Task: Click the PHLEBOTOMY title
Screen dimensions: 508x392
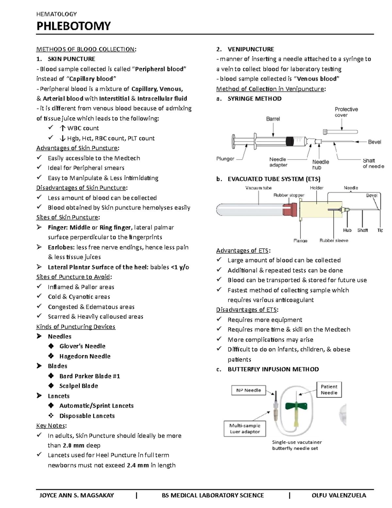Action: (x=73, y=26)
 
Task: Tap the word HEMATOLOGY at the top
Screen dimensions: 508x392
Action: (x=57, y=14)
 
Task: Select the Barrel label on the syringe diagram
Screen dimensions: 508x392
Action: (x=273, y=119)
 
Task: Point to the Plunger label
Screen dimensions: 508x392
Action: (x=225, y=159)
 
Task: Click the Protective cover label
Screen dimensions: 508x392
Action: (x=346, y=112)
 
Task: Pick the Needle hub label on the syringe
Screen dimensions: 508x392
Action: (x=320, y=165)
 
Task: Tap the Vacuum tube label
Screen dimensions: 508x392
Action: (x=258, y=188)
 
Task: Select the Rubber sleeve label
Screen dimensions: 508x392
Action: (x=334, y=240)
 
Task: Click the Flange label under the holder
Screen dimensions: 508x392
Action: (x=300, y=241)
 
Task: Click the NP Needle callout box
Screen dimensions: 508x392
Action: (x=248, y=390)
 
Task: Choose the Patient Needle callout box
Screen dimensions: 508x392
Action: (x=329, y=390)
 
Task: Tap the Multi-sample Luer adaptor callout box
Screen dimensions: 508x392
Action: (x=245, y=429)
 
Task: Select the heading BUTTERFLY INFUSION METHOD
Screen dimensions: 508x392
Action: (x=273, y=369)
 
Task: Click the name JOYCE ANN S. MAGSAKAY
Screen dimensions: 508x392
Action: (x=76, y=495)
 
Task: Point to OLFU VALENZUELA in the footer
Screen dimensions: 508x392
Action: (x=339, y=495)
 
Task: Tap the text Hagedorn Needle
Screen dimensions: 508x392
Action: (x=85, y=356)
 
